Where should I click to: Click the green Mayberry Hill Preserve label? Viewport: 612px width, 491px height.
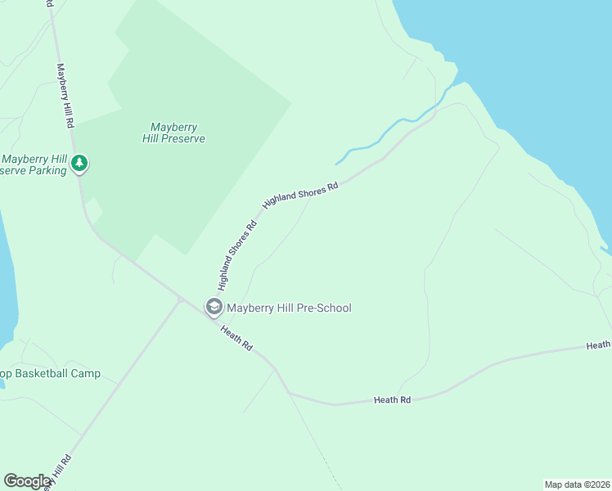click(178, 133)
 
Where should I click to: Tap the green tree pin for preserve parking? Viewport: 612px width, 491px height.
click(79, 164)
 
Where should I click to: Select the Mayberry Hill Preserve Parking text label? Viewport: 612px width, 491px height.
click(34, 164)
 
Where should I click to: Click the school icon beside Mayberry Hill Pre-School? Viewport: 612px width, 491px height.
click(214, 308)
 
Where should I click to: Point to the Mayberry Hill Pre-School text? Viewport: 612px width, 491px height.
click(289, 308)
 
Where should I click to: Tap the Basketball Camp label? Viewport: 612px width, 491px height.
click(50, 373)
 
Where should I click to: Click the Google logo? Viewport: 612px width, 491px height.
click(28, 481)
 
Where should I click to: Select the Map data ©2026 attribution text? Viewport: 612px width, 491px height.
click(577, 484)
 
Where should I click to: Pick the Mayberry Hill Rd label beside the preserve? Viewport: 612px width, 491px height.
click(65, 96)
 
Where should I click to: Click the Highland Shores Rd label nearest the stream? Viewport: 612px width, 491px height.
click(300, 196)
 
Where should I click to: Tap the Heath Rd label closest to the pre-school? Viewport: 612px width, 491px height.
click(236, 336)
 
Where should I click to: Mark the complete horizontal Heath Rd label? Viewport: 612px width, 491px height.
click(392, 399)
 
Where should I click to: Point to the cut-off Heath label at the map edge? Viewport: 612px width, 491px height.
click(598, 346)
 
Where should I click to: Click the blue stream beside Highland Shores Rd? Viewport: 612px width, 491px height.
click(385, 136)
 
